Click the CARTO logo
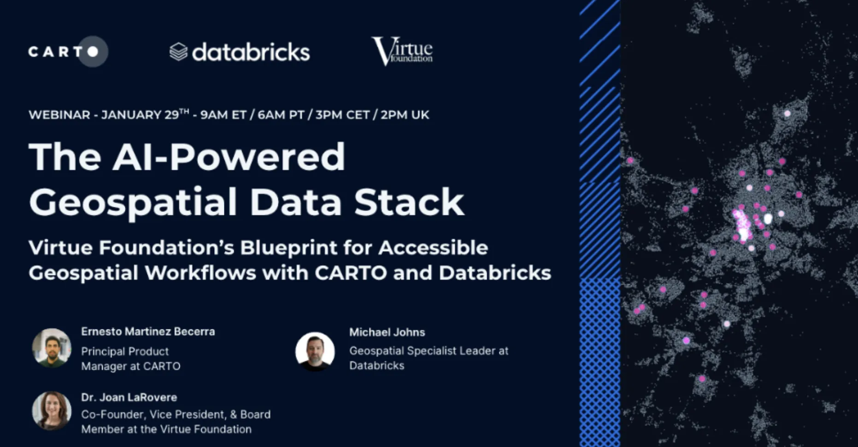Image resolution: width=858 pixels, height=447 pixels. [x=67, y=52]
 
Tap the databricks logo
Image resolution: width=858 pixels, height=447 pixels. [x=240, y=52]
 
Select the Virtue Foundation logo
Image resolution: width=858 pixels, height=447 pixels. [x=402, y=51]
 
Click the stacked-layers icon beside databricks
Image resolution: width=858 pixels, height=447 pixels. [x=178, y=52]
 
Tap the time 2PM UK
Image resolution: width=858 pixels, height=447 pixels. [x=405, y=115]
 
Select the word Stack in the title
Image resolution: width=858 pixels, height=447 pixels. [x=409, y=202]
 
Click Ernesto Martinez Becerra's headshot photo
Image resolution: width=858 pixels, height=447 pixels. [x=52, y=348]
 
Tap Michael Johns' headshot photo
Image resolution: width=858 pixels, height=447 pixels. [x=315, y=351]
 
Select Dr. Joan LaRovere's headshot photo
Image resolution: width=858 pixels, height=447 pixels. [x=52, y=411]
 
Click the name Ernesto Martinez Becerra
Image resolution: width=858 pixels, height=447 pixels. [x=148, y=331]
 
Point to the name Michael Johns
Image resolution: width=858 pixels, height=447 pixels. [x=387, y=332]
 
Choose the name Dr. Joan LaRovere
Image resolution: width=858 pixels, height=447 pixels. [x=129, y=397]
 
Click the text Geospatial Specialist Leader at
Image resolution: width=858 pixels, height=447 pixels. [x=429, y=351]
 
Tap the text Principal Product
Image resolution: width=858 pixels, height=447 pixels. [x=125, y=351]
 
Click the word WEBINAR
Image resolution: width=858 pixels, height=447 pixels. [x=59, y=115]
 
